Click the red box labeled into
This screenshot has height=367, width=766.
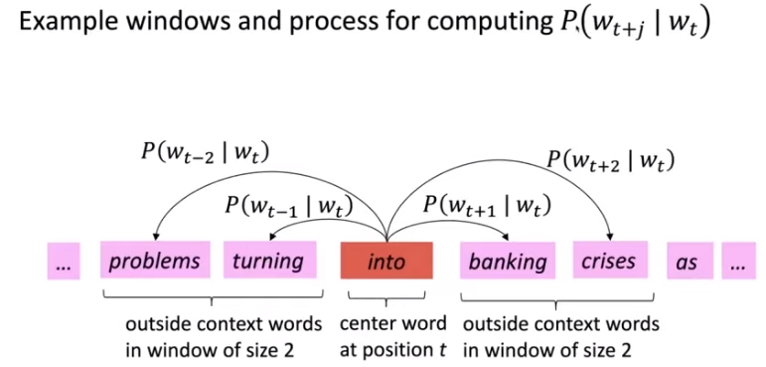pyautogui.click(x=386, y=262)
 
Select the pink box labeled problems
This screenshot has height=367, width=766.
pyautogui.click(x=154, y=262)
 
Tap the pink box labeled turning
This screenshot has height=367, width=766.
pyautogui.click(x=267, y=262)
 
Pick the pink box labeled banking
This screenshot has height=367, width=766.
pyautogui.click(x=508, y=262)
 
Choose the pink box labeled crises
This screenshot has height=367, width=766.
pyautogui.click(x=609, y=262)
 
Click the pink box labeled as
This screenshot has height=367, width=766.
pyautogui.click(x=686, y=262)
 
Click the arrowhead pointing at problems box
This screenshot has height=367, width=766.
pyautogui.click(x=160, y=237)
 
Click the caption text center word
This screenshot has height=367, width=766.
pyautogui.click(x=392, y=323)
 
